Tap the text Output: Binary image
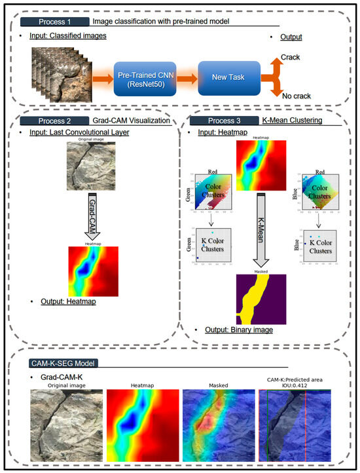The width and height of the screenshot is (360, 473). pyautogui.click(x=236, y=330)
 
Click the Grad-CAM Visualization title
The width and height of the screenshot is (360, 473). pyautogui.click(x=122, y=121)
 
